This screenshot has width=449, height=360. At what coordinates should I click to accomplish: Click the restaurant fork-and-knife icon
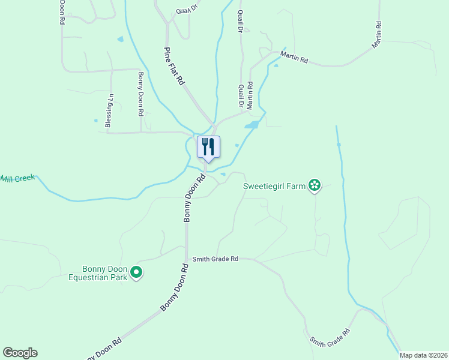coord(208,147)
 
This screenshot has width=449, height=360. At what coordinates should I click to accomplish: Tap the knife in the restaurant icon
coord(212,146)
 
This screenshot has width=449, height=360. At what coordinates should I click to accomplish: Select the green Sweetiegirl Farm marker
coord(314,185)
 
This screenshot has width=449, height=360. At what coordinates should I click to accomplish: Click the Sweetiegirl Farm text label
coord(274,186)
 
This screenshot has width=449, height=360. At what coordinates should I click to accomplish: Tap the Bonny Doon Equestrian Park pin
coord(136,273)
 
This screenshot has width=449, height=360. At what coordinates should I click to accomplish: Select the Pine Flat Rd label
coord(174,66)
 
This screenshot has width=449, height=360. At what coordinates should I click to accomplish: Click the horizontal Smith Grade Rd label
coord(215,259)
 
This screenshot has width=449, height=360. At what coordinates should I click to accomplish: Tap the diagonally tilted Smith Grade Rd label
coord(330,337)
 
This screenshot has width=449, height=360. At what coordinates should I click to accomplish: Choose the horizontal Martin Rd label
coord(294,60)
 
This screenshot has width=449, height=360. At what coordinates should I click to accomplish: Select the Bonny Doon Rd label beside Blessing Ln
coord(140,94)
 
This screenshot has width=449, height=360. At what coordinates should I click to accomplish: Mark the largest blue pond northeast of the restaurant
coord(252,125)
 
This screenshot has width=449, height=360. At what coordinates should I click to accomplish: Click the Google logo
coord(20,353)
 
